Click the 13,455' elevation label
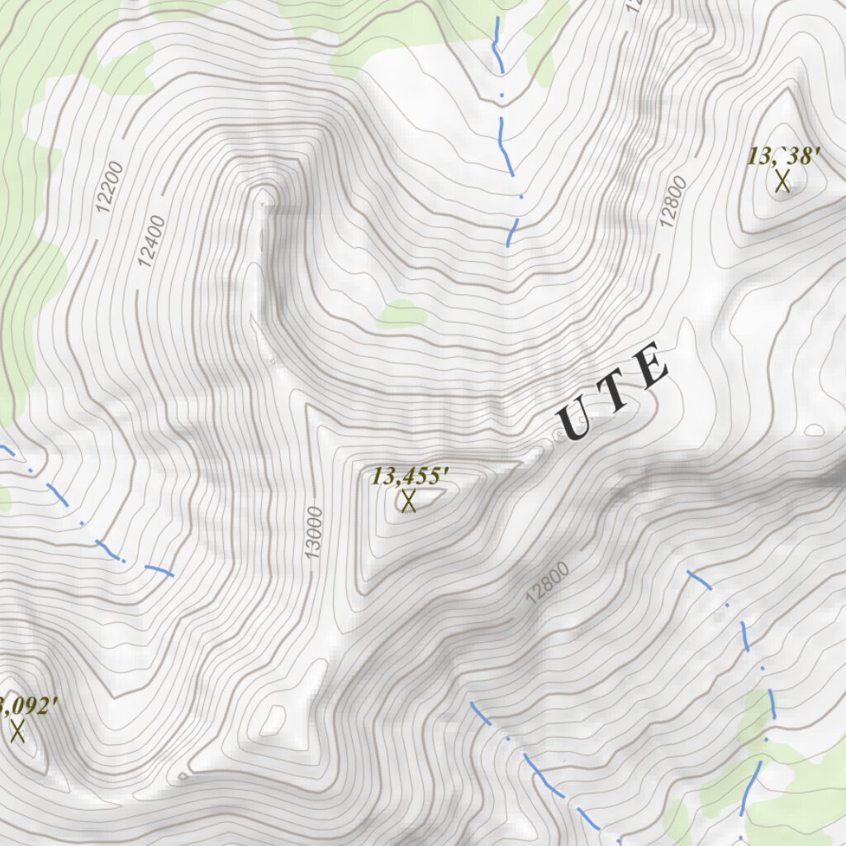(x=410, y=476)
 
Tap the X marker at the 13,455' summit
(x=408, y=501)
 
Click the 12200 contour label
(x=109, y=188)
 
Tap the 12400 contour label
(x=153, y=240)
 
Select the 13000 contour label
(x=313, y=532)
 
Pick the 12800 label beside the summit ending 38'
(x=673, y=202)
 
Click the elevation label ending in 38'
(x=784, y=155)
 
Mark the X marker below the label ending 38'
(x=782, y=180)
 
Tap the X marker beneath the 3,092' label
(x=17, y=730)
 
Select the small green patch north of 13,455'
(x=402, y=314)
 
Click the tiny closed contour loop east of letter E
(x=814, y=430)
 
